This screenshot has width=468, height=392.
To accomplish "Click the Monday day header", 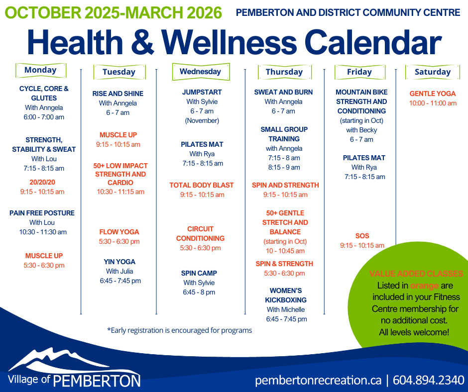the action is pyautogui.click(x=41, y=71).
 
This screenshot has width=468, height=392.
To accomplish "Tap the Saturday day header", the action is pyautogui.click(x=433, y=72).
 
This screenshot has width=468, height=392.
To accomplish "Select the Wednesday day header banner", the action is pyautogui.click(x=201, y=72).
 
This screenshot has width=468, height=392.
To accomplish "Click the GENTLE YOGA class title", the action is pyautogui.click(x=433, y=94).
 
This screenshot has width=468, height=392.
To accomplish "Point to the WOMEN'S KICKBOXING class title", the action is pyautogui.click(x=286, y=295).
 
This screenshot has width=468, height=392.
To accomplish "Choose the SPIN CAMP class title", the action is pyautogui.click(x=199, y=273).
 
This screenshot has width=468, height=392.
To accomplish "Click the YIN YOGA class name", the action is pyautogui.click(x=119, y=262).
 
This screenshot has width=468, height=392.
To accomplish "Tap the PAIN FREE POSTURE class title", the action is pyautogui.click(x=42, y=213).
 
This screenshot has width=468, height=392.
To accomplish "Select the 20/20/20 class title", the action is pyautogui.click(x=42, y=182).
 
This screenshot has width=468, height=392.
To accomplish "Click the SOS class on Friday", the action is pyautogui.click(x=362, y=236).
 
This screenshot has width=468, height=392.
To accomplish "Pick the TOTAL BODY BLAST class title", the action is pyautogui.click(x=202, y=185).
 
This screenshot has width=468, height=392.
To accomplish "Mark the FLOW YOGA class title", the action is pyautogui.click(x=119, y=232).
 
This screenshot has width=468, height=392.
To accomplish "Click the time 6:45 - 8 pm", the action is pyautogui.click(x=199, y=293).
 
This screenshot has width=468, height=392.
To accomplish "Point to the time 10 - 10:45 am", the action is pyautogui.click(x=285, y=251).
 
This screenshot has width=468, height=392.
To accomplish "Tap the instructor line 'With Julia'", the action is pyautogui.click(x=119, y=272).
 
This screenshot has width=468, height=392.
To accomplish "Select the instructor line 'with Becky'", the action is pyautogui.click(x=361, y=130).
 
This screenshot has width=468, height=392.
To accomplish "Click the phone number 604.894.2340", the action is pyautogui.click(x=428, y=381).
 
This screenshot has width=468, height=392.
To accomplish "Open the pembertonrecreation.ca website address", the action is pyautogui.click(x=318, y=381).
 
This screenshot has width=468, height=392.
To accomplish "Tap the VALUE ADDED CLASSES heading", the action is pyautogui.click(x=416, y=274).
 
